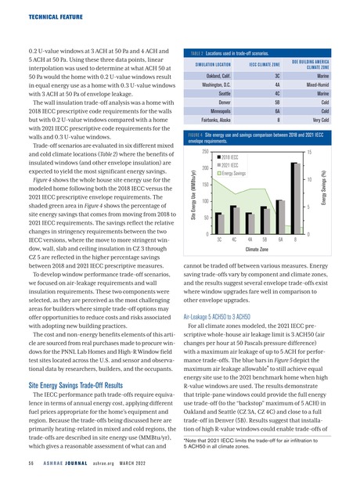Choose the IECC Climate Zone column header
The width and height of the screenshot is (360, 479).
pos(265,63)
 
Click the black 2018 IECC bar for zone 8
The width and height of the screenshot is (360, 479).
pos(293,199)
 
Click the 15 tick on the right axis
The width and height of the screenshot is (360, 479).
pos(309,151)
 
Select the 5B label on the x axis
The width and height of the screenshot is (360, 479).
pos(265,241)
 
